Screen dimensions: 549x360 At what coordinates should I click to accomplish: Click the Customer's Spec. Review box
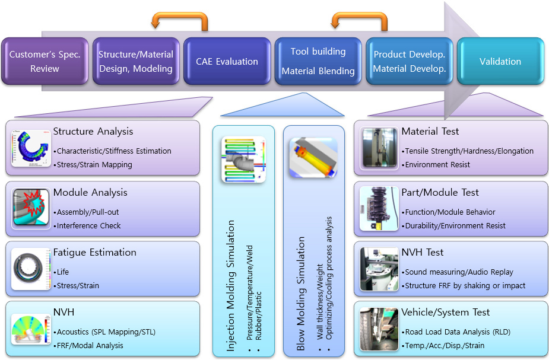point(45,61)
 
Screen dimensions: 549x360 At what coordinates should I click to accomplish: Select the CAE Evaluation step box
point(227,61)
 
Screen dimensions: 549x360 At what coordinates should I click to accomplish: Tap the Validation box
point(500,61)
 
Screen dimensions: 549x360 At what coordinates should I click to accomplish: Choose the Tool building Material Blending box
point(318,61)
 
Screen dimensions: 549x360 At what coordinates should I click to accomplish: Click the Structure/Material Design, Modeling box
point(136,61)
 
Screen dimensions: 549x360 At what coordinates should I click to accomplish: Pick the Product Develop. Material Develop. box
point(410,61)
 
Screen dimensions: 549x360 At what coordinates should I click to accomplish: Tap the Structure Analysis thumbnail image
point(31,148)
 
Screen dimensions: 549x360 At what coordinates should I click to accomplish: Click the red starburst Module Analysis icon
point(31,209)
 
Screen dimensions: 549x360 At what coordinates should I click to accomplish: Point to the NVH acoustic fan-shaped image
point(31,329)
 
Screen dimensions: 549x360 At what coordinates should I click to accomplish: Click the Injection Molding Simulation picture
point(244,160)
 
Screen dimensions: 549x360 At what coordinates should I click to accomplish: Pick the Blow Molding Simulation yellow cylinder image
point(313,158)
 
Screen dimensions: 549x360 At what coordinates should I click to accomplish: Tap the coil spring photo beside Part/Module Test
point(379,209)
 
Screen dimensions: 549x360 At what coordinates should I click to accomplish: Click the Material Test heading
point(430,131)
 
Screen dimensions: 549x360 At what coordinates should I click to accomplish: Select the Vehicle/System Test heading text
point(445,312)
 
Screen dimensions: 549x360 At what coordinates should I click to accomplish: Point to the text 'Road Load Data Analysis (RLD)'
point(458,332)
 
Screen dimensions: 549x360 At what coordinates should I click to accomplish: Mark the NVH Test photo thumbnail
point(379,269)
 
